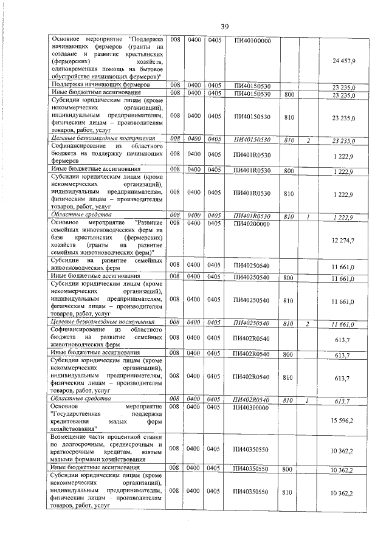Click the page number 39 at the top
pyautogui.click(x=224, y=26)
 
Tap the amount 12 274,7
pyautogui.click(x=344, y=242)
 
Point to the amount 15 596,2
pyautogui.click(x=344, y=421)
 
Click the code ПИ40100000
pyautogui.click(x=252, y=41)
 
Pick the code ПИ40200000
pyautogui.click(x=252, y=224)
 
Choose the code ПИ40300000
pyautogui.click(x=252, y=407)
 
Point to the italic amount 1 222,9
pyautogui.click(x=343, y=216)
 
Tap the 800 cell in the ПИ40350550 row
pyautogui.click(x=289, y=469)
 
